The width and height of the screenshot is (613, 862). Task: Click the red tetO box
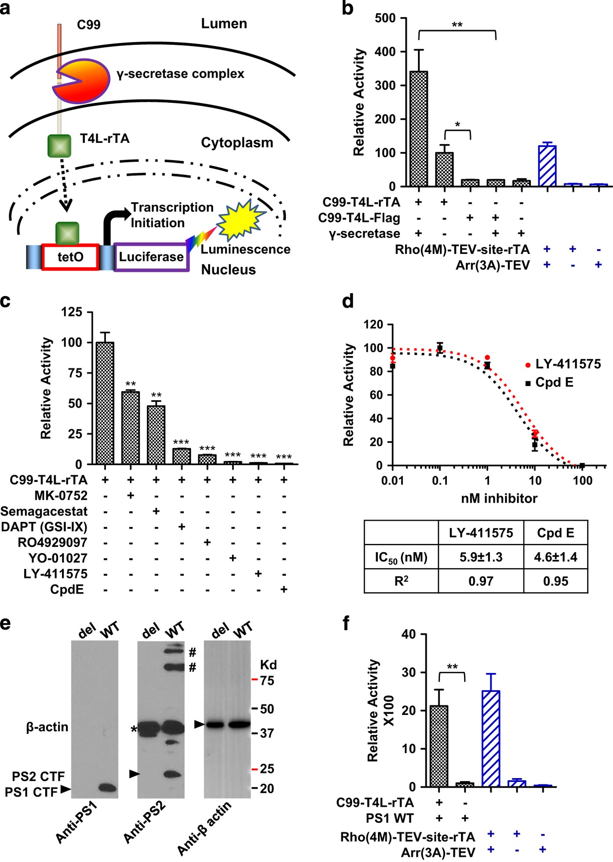[x=70, y=257]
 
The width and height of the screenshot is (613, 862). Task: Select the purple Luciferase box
[x=151, y=257]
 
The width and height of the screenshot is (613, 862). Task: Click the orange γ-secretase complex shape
[x=83, y=81]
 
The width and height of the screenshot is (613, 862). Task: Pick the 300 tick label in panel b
[x=385, y=85]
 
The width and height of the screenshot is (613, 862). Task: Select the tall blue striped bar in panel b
[x=547, y=166]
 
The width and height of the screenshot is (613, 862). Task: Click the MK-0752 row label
[x=61, y=496]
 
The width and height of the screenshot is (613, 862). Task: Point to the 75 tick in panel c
[x=72, y=373]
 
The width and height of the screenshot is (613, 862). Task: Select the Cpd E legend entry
[x=554, y=382]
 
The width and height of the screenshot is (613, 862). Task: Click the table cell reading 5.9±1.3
[x=481, y=557]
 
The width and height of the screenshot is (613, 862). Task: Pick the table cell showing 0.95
[x=555, y=581]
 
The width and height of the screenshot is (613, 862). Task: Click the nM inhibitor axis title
[x=499, y=498]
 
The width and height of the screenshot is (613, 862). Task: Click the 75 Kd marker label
[x=266, y=681]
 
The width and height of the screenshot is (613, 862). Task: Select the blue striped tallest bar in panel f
[x=491, y=738]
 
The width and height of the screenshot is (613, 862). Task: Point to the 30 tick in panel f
[x=409, y=673]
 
